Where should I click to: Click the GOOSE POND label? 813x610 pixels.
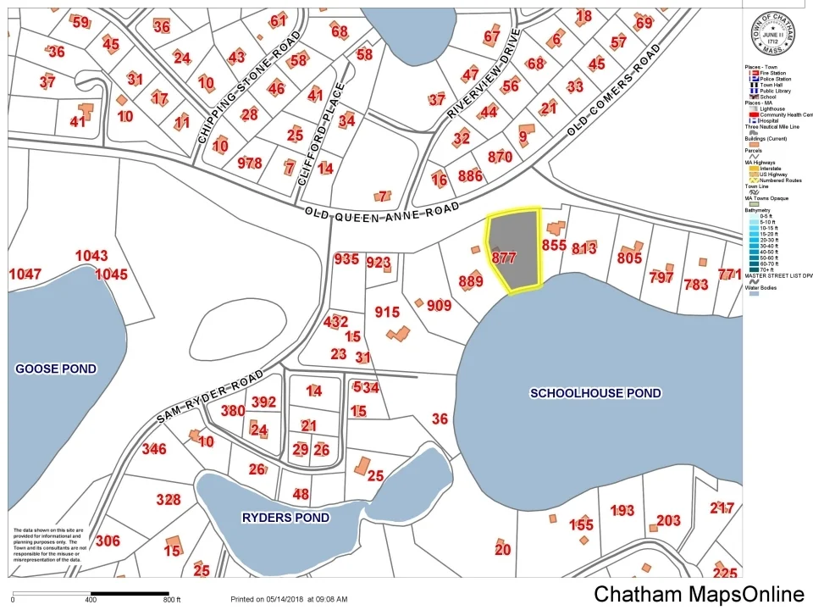tap(56, 369)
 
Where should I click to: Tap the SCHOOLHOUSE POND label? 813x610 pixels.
tap(595, 393)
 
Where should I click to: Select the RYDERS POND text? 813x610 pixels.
tap(285, 517)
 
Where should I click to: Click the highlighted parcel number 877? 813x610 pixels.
tap(504, 258)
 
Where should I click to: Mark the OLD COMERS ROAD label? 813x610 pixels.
tap(613, 91)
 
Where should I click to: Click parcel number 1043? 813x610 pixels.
tap(91, 256)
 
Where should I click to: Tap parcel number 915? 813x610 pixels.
tap(387, 313)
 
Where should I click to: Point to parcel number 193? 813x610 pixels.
tap(622, 510)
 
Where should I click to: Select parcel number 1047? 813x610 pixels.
tap(25, 274)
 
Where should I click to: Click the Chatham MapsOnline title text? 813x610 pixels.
tap(699, 594)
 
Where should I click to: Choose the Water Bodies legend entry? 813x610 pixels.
tap(765, 286)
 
